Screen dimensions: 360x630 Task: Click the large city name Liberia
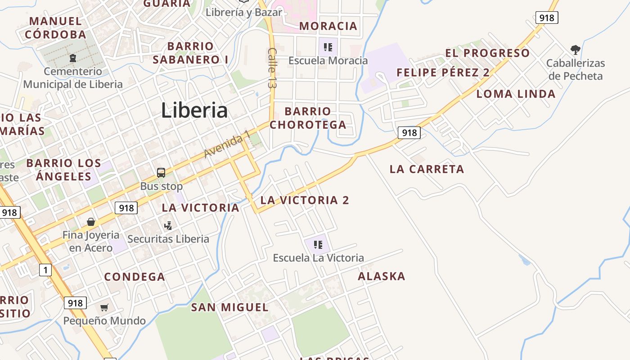coord(194,111)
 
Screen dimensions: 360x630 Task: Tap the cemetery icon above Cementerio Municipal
coord(72,58)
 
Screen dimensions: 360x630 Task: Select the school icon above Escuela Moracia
coord(328,47)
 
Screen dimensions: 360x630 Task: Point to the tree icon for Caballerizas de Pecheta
coord(575,49)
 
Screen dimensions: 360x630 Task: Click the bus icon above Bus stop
coord(161,172)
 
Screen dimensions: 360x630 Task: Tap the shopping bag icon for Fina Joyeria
coord(91,222)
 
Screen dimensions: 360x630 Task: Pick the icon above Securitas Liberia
coord(168,225)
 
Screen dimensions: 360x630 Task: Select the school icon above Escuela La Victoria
coord(318,245)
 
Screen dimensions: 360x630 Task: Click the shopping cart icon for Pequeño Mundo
coord(104,308)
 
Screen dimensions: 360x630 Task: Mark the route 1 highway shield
coord(45,270)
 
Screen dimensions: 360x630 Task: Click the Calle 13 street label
coord(271,67)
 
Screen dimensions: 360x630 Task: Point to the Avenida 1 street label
coord(227,144)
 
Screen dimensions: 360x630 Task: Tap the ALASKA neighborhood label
coord(382,276)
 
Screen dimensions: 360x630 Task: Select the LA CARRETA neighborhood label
coord(427,169)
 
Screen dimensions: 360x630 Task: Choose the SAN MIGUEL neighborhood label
coord(229,308)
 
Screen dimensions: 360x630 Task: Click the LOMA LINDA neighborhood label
coord(516,94)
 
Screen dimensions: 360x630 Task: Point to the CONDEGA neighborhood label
coord(135,277)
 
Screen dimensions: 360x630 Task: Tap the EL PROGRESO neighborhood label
coord(487,53)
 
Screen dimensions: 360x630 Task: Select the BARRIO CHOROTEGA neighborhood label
coord(308,118)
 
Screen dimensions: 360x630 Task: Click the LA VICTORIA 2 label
coord(305,200)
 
